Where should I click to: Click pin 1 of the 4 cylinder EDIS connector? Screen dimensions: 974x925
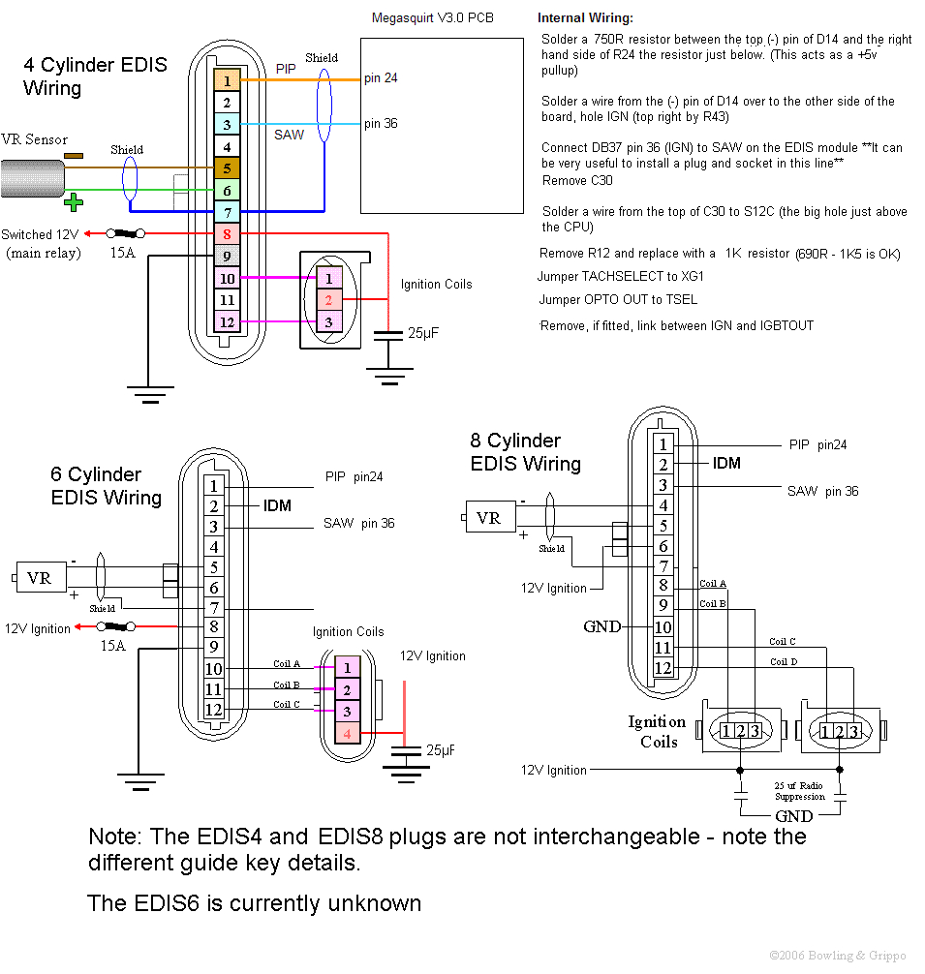pos(226,80)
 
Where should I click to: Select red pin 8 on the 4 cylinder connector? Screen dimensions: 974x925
pos(226,233)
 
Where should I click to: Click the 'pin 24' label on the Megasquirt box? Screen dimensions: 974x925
pos(381,78)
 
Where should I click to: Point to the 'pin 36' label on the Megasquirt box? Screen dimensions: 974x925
pos(381,123)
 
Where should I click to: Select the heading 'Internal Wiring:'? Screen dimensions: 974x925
pos(586,17)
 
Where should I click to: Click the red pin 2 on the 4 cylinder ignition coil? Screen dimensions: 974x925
pos(328,300)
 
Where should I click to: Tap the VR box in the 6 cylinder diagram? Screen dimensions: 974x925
pos(40,578)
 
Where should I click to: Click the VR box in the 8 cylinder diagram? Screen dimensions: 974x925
pos(489,518)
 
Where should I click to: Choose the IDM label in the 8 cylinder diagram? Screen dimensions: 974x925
pos(726,464)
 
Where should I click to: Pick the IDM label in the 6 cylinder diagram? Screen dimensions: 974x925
pos(277,505)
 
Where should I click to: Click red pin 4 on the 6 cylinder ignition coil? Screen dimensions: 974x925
pos(347,735)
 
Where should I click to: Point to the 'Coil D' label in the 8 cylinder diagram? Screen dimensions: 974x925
pos(783,661)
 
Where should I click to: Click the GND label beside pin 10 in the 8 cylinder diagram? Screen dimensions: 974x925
pos(601,626)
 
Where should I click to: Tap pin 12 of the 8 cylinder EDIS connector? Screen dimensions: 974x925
pos(663,667)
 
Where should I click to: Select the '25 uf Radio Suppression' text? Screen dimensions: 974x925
pos(799,790)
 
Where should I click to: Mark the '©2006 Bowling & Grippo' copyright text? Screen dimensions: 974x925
pos(837,955)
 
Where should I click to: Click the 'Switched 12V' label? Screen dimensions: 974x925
pos(40,234)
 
